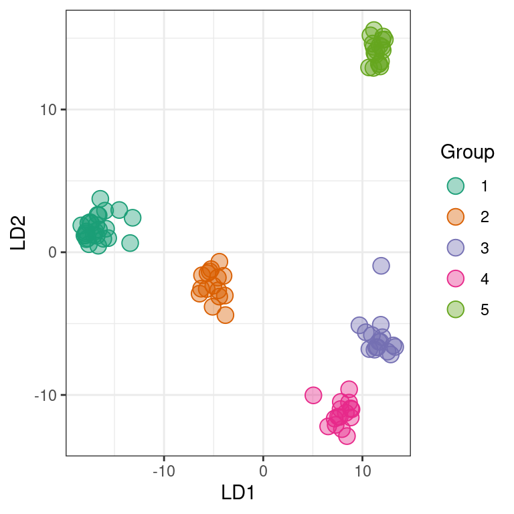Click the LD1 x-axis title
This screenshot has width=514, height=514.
[x=238, y=493]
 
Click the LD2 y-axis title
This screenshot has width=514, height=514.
[x=18, y=233]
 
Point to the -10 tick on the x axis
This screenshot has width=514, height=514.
[x=164, y=471]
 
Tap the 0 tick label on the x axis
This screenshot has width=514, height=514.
[x=263, y=471]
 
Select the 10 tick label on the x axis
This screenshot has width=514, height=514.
[x=362, y=471]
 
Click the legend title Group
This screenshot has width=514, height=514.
[x=467, y=153]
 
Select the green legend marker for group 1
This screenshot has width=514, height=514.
[x=456, y=186]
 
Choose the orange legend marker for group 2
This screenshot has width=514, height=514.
[x=456, y=217]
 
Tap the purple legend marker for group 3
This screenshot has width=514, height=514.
[x=456, y=248]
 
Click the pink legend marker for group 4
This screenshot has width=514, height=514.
[x=456, y=278]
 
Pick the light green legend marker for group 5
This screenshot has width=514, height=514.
[x=456, y=309]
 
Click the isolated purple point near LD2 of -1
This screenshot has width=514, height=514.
[x=381, y=266]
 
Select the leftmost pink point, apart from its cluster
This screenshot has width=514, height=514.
[x=313, y=396]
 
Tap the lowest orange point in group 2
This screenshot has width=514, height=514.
[x=225, y=315]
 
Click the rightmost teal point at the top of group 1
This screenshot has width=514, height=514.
[x=133, y=218]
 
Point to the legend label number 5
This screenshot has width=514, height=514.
[x=485, y=310]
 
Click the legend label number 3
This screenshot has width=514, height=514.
[x=485, y=248]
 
